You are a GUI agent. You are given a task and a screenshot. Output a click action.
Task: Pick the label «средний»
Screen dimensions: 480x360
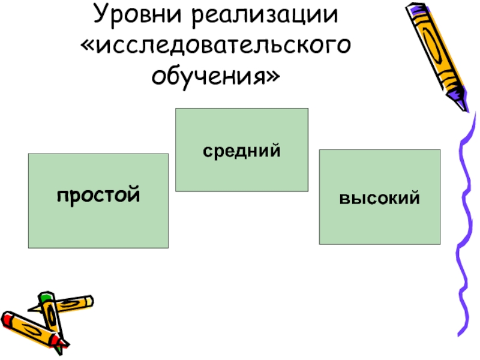[x=241, y=151]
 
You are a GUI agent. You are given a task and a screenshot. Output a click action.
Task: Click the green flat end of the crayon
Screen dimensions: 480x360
[x=45, y=297]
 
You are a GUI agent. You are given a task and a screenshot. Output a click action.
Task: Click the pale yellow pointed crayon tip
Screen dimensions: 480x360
[x=32, y=308]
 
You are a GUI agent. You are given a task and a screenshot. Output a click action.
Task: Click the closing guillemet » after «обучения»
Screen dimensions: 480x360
[x=274, y=77]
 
